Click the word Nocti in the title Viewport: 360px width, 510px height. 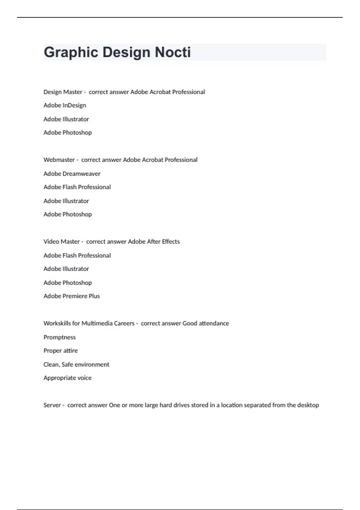[172, 52]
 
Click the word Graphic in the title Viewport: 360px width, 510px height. [71, 52]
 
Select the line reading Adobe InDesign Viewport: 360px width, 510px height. [65, 105]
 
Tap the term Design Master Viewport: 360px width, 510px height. [63, 92]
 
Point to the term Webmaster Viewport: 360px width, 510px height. [59, 160]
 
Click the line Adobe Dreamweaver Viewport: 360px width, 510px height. [72, 174]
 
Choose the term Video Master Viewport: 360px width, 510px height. [61, 241]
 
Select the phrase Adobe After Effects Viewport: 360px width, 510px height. [154, 241]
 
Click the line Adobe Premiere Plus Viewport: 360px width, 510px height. [71, 296]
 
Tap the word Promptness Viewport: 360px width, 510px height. [59, 337]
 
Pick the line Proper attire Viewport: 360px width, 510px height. [60, 351]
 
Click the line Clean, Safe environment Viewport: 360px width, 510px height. [76, 364]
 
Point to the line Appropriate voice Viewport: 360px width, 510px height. [67, 378]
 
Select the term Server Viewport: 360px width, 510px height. [52, 405]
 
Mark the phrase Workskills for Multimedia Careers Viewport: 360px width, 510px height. [89, 323]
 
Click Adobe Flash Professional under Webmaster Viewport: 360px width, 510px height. [77, 187]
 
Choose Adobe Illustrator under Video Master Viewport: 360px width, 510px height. [66, 269]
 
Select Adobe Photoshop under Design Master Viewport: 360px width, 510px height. [67, 133]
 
